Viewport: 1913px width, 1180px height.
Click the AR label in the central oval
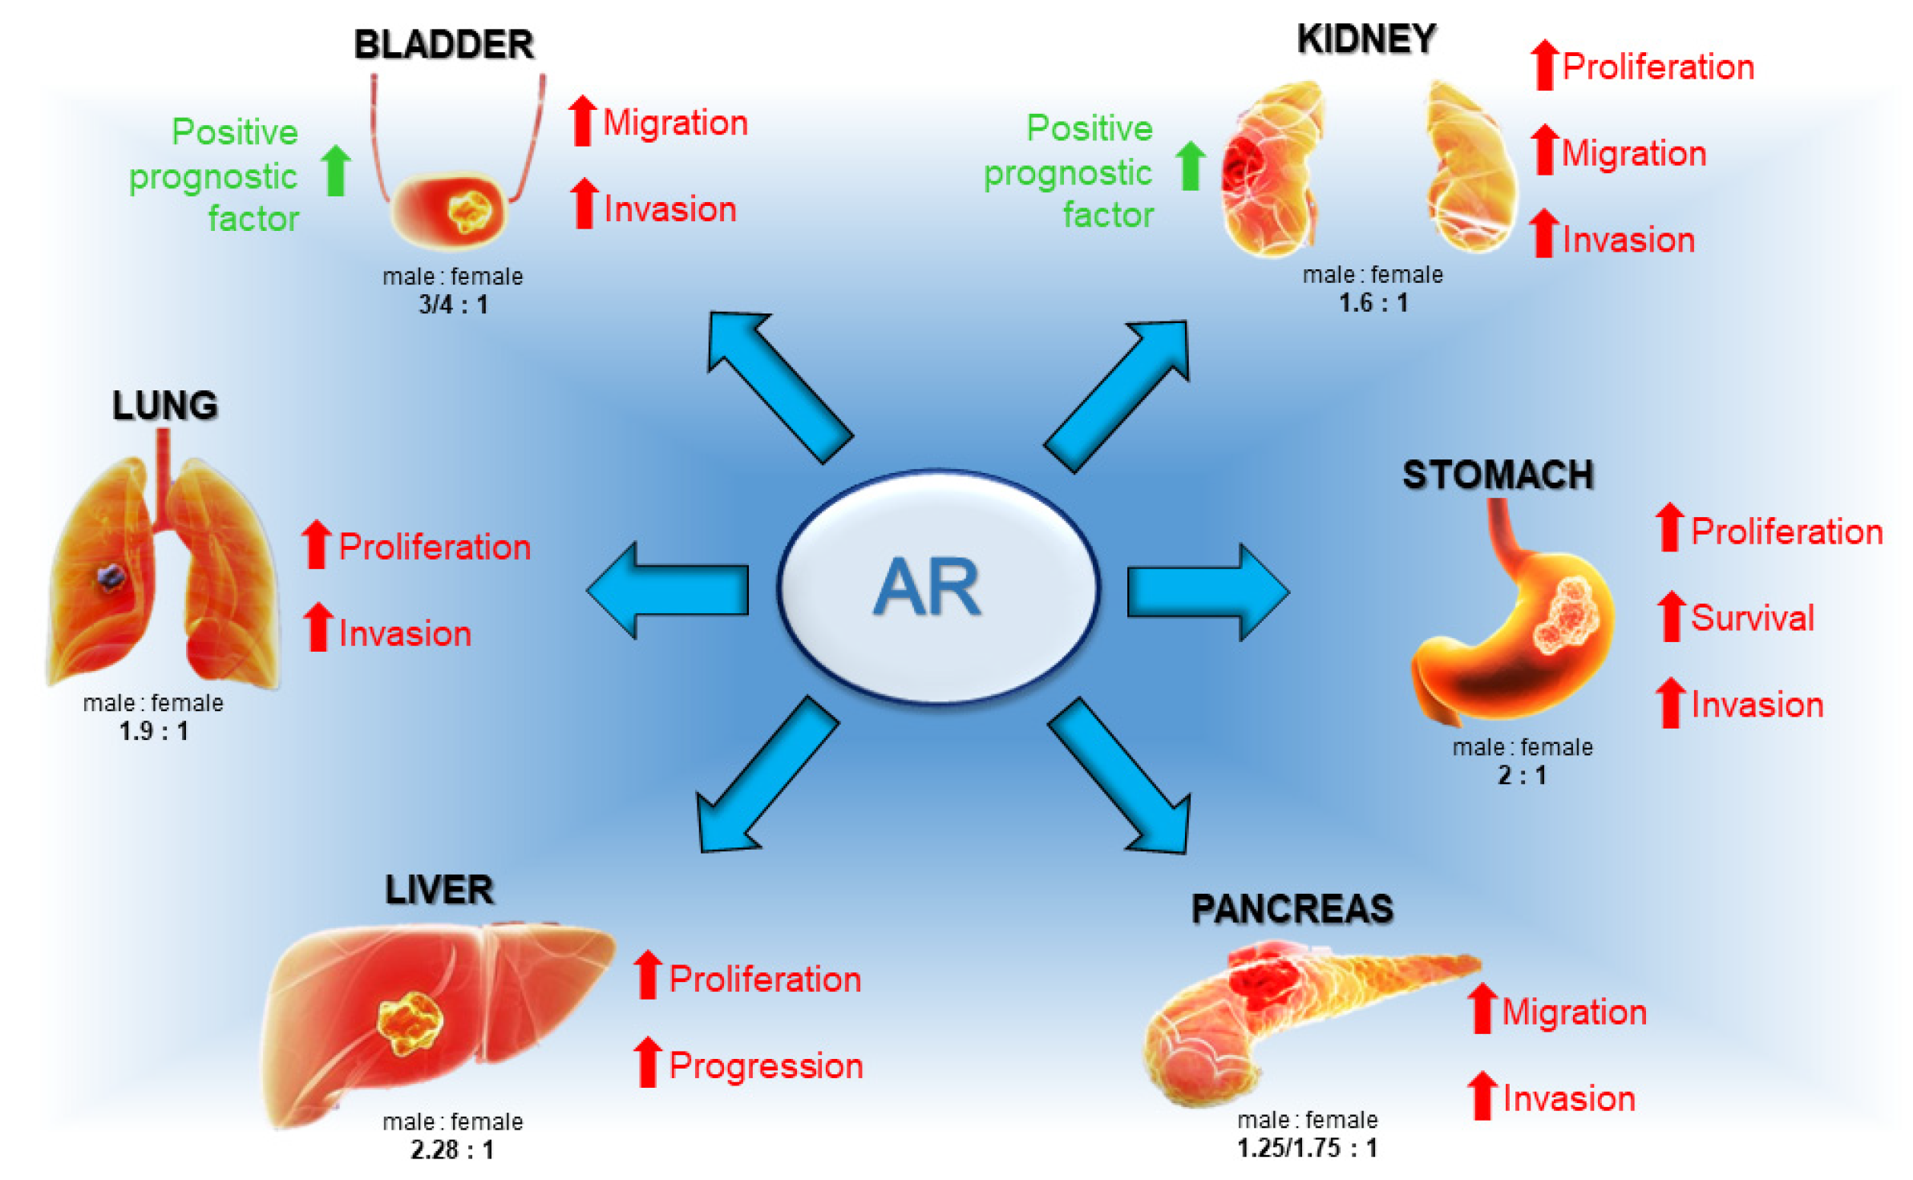click(927, 587)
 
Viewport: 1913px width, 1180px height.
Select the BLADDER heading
click(443, 45)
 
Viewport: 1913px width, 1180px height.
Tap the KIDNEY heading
click(1366, 39)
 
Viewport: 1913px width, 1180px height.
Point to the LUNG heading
click(164, 406)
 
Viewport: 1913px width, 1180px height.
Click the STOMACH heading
click(1497, 475)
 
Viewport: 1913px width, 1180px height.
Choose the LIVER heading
click(439, 890)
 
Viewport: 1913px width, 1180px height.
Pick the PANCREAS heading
click(1292, 909)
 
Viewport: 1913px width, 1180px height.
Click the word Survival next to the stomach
click(1752, 618)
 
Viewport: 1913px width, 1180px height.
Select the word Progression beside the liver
click(766, 1066)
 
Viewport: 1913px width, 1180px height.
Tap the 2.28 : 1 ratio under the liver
click(452, 1150)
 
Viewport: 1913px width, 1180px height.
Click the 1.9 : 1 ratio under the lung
click(153, 731)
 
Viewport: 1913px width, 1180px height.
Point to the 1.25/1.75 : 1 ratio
click(1307, 1148)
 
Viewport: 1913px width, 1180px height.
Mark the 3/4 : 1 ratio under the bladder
click(453, 305)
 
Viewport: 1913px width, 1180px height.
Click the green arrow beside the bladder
click(336, 170)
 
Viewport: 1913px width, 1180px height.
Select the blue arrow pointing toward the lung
click(667, 590)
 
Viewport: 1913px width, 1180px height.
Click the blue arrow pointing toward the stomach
click(1207, 592)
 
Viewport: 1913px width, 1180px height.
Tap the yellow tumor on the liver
click(410, 1022)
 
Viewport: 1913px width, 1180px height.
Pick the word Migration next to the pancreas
click(1573, 1012)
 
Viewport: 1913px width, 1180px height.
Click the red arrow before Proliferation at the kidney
click(1543, 65)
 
